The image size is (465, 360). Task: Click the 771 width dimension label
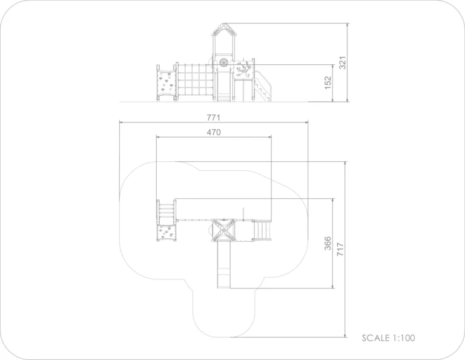pos(214,118)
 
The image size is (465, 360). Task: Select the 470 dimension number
pos(214,132)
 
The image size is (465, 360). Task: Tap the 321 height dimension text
pos(343,62)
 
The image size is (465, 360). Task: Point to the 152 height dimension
pos(328,83)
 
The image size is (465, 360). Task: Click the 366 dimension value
pos(328,244)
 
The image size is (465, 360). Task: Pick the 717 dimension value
pos(340,250)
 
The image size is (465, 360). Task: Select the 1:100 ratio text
pos(404,338)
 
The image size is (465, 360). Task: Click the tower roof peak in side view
pos(224,24)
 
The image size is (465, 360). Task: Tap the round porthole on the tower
pos(223,62)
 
